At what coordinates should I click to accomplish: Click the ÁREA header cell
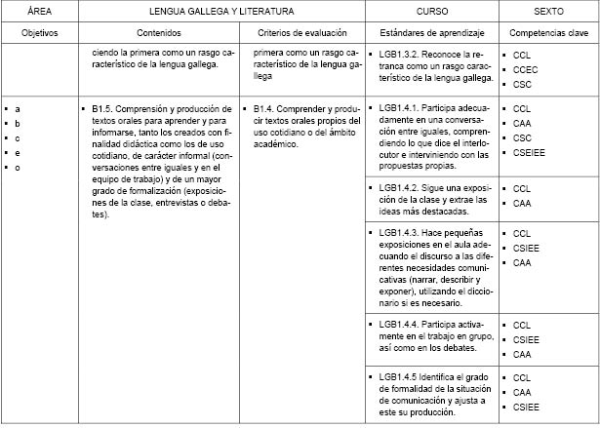point(40,10)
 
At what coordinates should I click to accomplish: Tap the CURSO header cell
point(430,10)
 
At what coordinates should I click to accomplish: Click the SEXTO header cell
point(547,10)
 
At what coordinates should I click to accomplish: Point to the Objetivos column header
point(40,33)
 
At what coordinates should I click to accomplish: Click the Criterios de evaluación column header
point(302,33)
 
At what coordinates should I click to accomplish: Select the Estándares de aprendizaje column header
point(430,33)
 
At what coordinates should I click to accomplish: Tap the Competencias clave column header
point(547,33)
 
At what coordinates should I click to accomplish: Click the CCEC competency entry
point(526,69)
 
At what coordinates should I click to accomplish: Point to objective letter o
point(18,167)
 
